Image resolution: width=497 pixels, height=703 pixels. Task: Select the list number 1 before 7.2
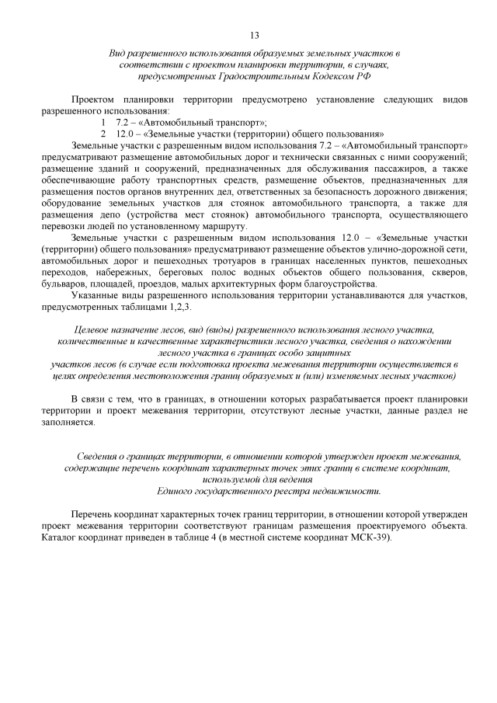(x=103, y=123)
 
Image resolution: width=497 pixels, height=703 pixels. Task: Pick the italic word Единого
(x=178, y=491)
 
